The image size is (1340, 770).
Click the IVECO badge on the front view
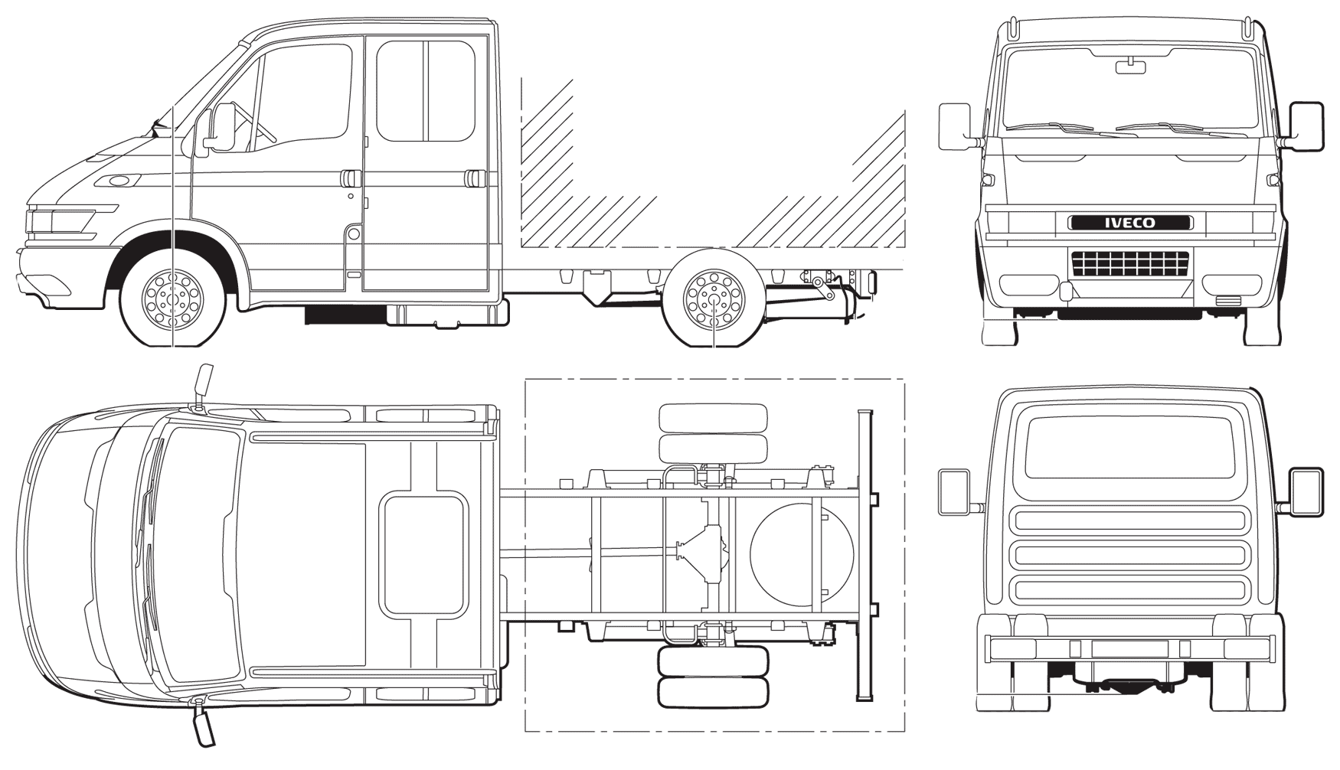pyautogui.click(x=1130, y=223)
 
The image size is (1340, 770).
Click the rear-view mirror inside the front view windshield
pyautogui.click(x=1130, y=67)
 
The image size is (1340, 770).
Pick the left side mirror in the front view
pyautogui.click(x=955, y=126)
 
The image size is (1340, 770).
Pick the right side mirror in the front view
pyautogui.click(x=1306, y=126)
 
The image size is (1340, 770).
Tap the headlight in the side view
pyautogui.click(x=64, y=220)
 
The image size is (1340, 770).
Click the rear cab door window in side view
pyautogui.click(x=426, y=91)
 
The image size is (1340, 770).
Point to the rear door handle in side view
pyautogui.click(x=474, y=178)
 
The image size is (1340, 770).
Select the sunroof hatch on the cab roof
pyautogui.click(x=423, y=555)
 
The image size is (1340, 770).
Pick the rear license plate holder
pyautogui.click(x=1130, y=648)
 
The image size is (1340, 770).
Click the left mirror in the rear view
pyautogui.click(x=954, y=492)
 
